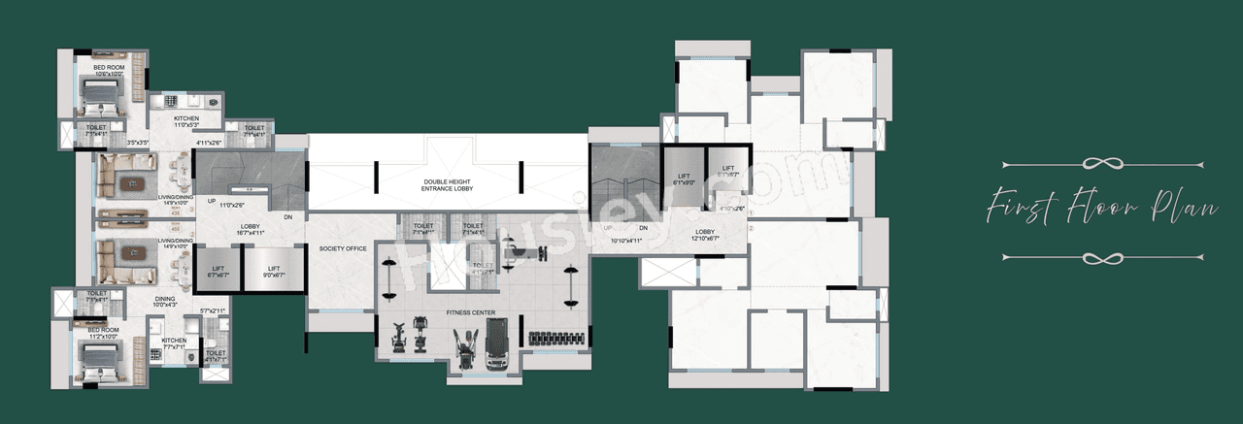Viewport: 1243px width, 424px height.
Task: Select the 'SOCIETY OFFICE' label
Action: click(343, 249)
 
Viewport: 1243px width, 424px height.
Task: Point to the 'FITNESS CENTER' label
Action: click(471, 313)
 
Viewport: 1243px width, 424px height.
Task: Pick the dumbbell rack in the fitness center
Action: click(555, 338)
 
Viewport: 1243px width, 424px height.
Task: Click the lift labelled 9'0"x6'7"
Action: click(274, 273)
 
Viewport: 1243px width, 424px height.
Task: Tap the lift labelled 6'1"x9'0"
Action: click(684, 178)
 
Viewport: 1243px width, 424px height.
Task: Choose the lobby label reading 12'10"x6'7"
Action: click(706, 234)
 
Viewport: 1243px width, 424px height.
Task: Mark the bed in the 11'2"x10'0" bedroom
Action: click(98, 355)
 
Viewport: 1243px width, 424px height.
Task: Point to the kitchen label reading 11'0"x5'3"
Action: click(186, 121)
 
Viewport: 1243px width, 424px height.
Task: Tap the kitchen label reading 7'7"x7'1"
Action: click(174, 344)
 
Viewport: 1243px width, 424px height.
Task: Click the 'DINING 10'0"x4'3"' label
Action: click(166, 303)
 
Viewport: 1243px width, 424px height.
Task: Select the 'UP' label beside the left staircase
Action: click(211, 202)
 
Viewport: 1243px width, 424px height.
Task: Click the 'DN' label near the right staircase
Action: click(643, 228)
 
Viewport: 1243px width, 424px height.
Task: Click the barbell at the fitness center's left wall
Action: click(388, 278)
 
